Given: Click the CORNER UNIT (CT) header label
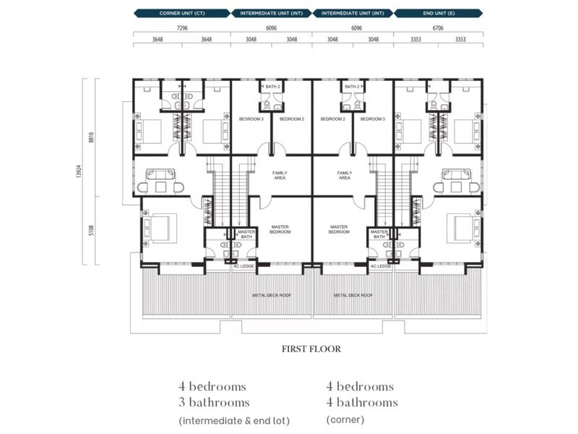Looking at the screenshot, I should click(x=181, y=13).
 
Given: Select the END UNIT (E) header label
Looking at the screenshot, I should click(x=439, y=13).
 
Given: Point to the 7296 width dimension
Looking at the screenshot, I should click(x=182, y=27).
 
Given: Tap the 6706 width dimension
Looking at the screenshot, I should click(x=439, y=27).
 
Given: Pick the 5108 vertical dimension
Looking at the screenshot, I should click(x=91, y=231).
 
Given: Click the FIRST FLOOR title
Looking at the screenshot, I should click(x=311, y=349).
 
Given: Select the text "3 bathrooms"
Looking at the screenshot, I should click(x=214, y=402).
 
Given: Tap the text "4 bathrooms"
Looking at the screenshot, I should click(x=361, y=402).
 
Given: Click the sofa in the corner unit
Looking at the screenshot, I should click(x=160, y=174).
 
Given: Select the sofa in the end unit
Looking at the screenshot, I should click(x=456, y=174).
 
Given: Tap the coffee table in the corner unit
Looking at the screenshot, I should click(x=160, y=187).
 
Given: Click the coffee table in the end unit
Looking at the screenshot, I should click(x=456, y=187).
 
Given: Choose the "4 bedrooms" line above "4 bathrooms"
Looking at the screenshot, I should click(x=360, y=386).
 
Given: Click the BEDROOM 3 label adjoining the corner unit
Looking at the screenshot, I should click(x=251, y=119).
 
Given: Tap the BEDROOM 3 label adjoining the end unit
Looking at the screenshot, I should click(x=374, y=119).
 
